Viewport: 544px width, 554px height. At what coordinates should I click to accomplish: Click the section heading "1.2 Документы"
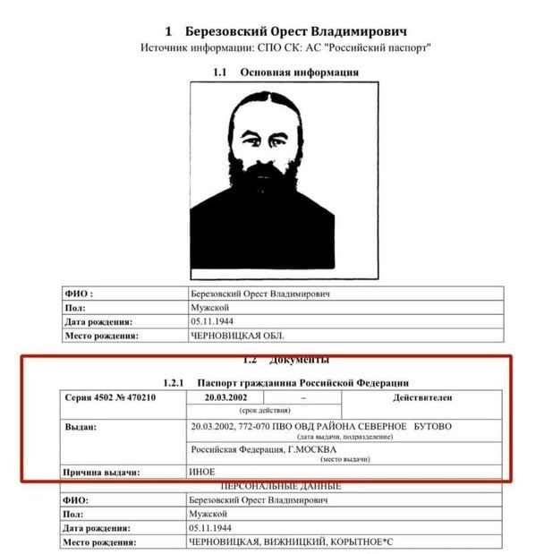pos(285,360)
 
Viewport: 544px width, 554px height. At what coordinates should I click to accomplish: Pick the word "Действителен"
pos(421,396)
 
